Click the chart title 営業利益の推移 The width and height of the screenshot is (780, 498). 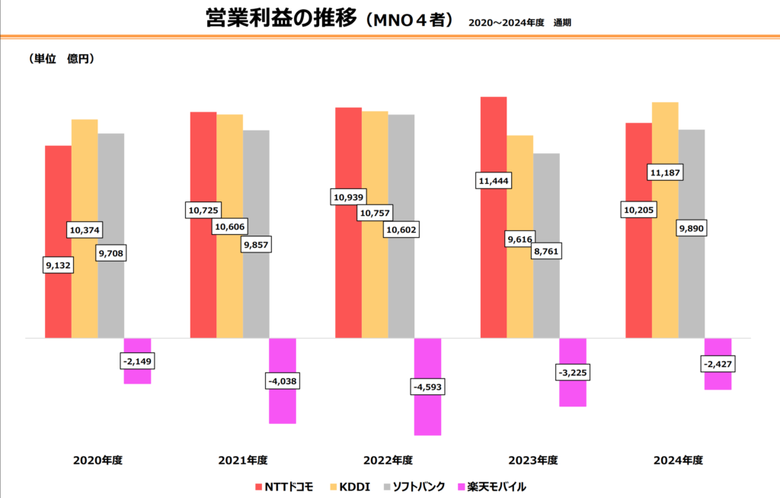pyautogui.click(x=281, y=19)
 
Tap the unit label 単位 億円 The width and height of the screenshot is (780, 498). pyautogui.click(x=61, y=58)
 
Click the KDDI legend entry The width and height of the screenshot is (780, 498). pyautogui.click(x=350, y=486)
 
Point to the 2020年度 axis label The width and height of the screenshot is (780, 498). pyautogui.click(x=98, y=461)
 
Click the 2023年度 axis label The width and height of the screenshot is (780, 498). pyautogui.click(x=533, y=461)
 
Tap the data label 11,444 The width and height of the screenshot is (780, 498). pyautogui.click(x=494, y=181)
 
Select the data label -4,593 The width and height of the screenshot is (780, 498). pyautogui.click(x=427, y=387)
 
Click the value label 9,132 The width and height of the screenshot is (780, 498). pyautogui.click(x=58, y=265)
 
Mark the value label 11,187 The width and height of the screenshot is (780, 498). pyautogui.click(x=665, y=173)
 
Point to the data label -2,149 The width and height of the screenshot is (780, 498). pyautogui.click(x=137, y=360)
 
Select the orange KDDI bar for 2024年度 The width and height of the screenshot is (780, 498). pyautogui.click(x=665, y=267)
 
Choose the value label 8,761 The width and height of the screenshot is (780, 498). pyautogui.click(x=545, y=249)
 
